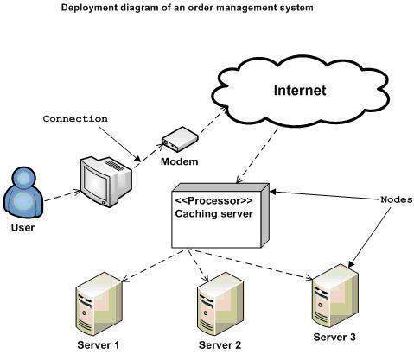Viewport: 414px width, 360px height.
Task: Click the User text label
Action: point(23,228)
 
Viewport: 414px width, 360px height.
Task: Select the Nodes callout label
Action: point(396,198)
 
